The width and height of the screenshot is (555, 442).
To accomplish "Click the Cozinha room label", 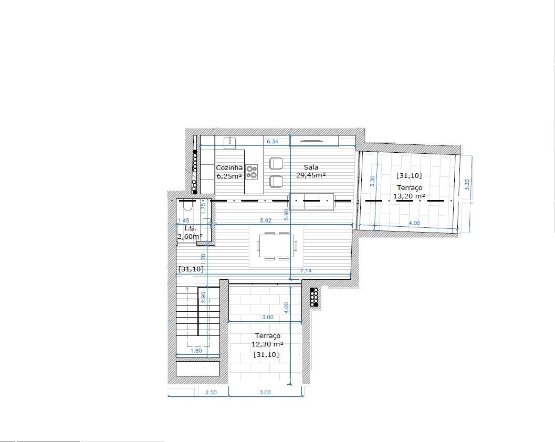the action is tap(229, 168).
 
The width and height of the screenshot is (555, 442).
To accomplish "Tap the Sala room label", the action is tap(311, 167).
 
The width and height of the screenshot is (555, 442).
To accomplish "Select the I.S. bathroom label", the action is tap(190, 228).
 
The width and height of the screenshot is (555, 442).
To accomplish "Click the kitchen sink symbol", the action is tap(231, 142).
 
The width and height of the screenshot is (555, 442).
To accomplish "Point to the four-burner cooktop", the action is tap(252, 172).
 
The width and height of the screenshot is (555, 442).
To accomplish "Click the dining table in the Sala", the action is tap(277, 246).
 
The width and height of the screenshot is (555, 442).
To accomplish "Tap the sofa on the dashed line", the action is tap(311, 202).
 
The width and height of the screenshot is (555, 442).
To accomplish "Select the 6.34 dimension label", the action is tap(272, 141).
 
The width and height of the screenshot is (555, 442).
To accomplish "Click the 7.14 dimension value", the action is tap(306, 270).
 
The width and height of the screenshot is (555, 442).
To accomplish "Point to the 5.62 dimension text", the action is tap(266, 220).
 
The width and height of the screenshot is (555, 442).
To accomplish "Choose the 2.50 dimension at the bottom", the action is tap(211, 392).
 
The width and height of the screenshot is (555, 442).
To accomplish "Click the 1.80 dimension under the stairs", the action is tap(196, 350).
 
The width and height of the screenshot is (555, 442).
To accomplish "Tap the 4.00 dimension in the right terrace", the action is tap(414, 223).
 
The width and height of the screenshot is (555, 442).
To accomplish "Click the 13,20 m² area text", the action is tap(409, 196).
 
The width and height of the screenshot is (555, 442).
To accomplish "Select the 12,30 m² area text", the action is tap(267, 344).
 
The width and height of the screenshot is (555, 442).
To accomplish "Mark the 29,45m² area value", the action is tap(311, 175).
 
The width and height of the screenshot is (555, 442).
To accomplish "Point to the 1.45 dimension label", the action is tap(183, 220).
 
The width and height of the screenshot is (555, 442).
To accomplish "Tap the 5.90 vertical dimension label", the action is tap(286, 215).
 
